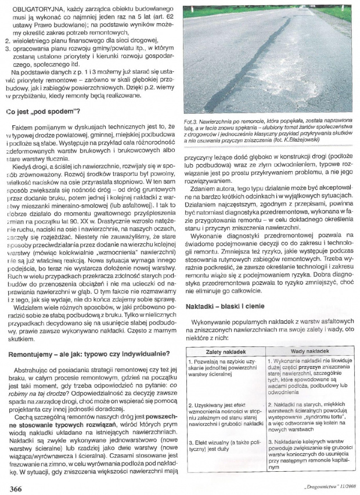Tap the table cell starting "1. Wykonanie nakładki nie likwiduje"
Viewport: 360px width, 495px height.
306,375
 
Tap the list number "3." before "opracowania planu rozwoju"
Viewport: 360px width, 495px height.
5,50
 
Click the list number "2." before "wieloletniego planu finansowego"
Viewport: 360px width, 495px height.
5,42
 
